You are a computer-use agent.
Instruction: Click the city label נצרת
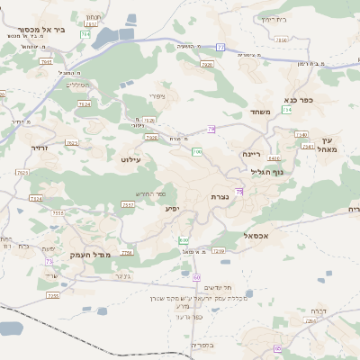click(220, 196)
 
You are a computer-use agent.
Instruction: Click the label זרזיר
click(39, 147)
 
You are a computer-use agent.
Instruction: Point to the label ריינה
click(251, 154)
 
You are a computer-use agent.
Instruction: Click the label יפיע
click(172, 208)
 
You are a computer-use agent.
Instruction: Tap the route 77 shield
click(220, 46)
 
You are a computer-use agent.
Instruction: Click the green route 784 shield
click(85, 34)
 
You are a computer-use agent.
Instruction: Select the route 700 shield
click(196, 151)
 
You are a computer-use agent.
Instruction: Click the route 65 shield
click(278, 348)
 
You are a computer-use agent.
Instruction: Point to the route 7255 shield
click(53, 294)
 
